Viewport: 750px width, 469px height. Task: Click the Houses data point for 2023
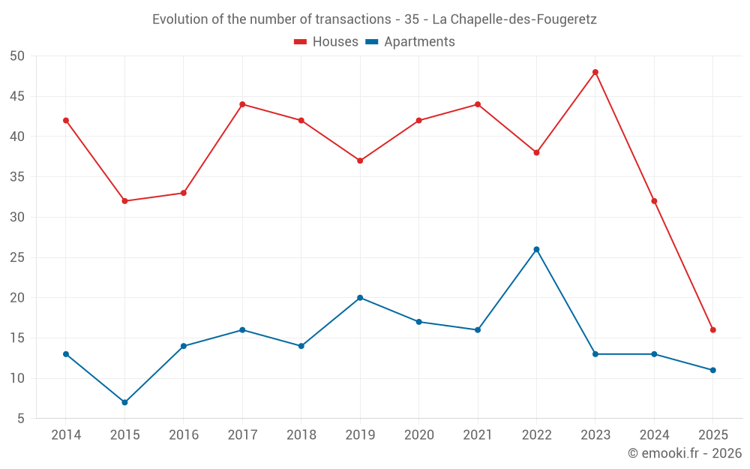(595, 72)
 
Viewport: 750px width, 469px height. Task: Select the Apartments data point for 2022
(536, 249)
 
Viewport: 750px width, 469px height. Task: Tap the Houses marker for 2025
(713, 330)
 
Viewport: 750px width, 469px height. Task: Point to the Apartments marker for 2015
(124, 402)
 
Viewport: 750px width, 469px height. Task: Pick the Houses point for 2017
(242, 104)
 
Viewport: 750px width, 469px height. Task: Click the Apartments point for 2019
(360, 298)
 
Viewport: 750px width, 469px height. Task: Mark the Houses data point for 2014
(66, 120)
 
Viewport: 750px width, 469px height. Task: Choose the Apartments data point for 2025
(713, 370)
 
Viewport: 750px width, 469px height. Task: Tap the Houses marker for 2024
(654, 201)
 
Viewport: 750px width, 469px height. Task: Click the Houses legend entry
(326, 42)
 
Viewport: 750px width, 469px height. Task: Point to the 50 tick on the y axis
(18, 56)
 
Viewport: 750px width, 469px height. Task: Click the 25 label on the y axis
(18, 257)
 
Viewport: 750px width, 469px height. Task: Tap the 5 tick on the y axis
(22, 419)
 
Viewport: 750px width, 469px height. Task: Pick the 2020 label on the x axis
(418, 435)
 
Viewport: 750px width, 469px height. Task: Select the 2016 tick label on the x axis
(184, 435)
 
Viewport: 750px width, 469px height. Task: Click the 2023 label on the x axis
(595, 435)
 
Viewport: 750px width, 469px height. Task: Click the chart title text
(374, 20)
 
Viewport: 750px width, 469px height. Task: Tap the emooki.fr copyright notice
(685, 453)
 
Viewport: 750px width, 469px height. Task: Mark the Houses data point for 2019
(360, 161)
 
